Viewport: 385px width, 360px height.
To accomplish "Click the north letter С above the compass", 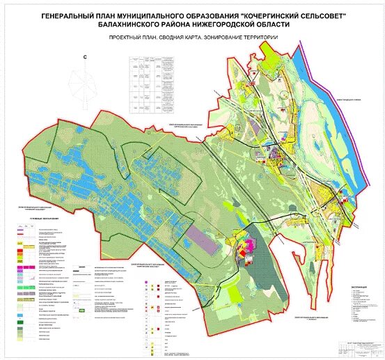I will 84,57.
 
